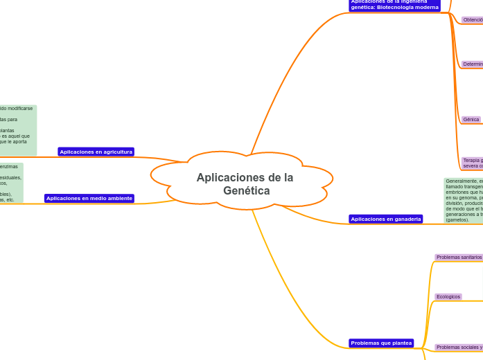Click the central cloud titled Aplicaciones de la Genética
pos(244,183)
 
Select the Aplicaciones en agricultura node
pos(96,152)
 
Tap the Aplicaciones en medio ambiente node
pos(89,198)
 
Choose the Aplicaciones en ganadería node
pos(385,219)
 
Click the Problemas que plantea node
pos(381,343)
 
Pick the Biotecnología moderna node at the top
pos(394,6)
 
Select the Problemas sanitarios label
pos(459,258)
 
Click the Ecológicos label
pos(448,297)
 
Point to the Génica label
pos(471,120)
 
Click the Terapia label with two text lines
pos(473,163)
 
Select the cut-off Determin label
pos(473,64)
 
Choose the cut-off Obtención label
pos(473,20)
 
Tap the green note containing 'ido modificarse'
pos(18,130)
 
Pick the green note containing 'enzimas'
pos(11,183)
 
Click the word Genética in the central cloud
pos(247,191)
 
